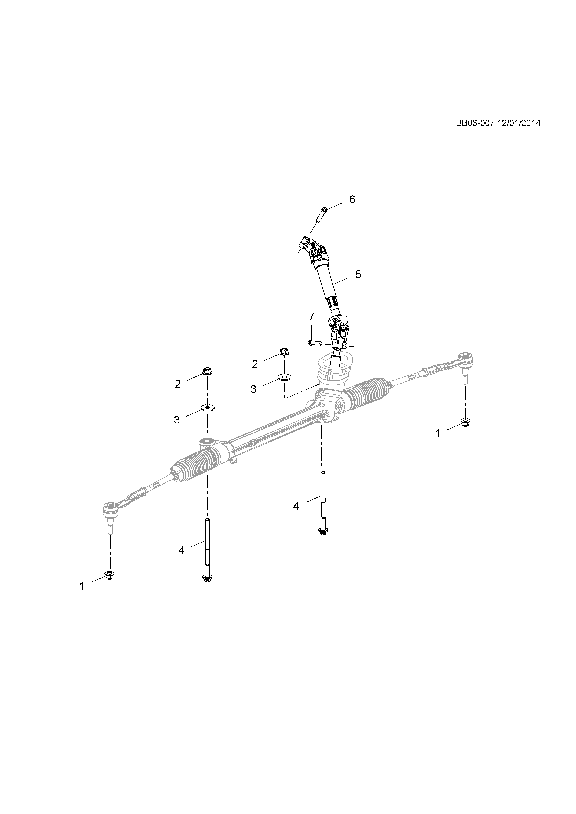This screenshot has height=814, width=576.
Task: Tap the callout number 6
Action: tap(352, 199)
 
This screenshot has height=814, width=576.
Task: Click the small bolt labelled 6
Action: tap(322, 214)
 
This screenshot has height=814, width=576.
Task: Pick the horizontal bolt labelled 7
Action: tap(315, 342)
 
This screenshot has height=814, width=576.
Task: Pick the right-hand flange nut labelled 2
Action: tap(284, 352)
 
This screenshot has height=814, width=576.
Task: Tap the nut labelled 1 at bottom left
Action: tap(110, 584)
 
